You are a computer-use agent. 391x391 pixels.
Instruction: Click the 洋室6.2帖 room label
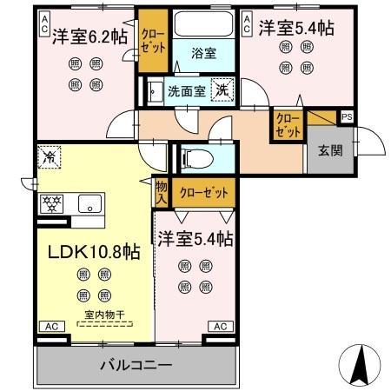[89, 37]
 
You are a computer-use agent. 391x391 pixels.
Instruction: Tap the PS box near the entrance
[347, 116]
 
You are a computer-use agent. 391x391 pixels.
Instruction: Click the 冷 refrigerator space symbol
[50, 158]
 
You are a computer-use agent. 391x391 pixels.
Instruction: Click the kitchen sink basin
[89, 204]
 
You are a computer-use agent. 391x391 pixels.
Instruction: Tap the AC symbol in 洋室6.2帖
[43, 22]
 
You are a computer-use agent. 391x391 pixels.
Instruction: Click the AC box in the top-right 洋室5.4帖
[246, 22]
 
